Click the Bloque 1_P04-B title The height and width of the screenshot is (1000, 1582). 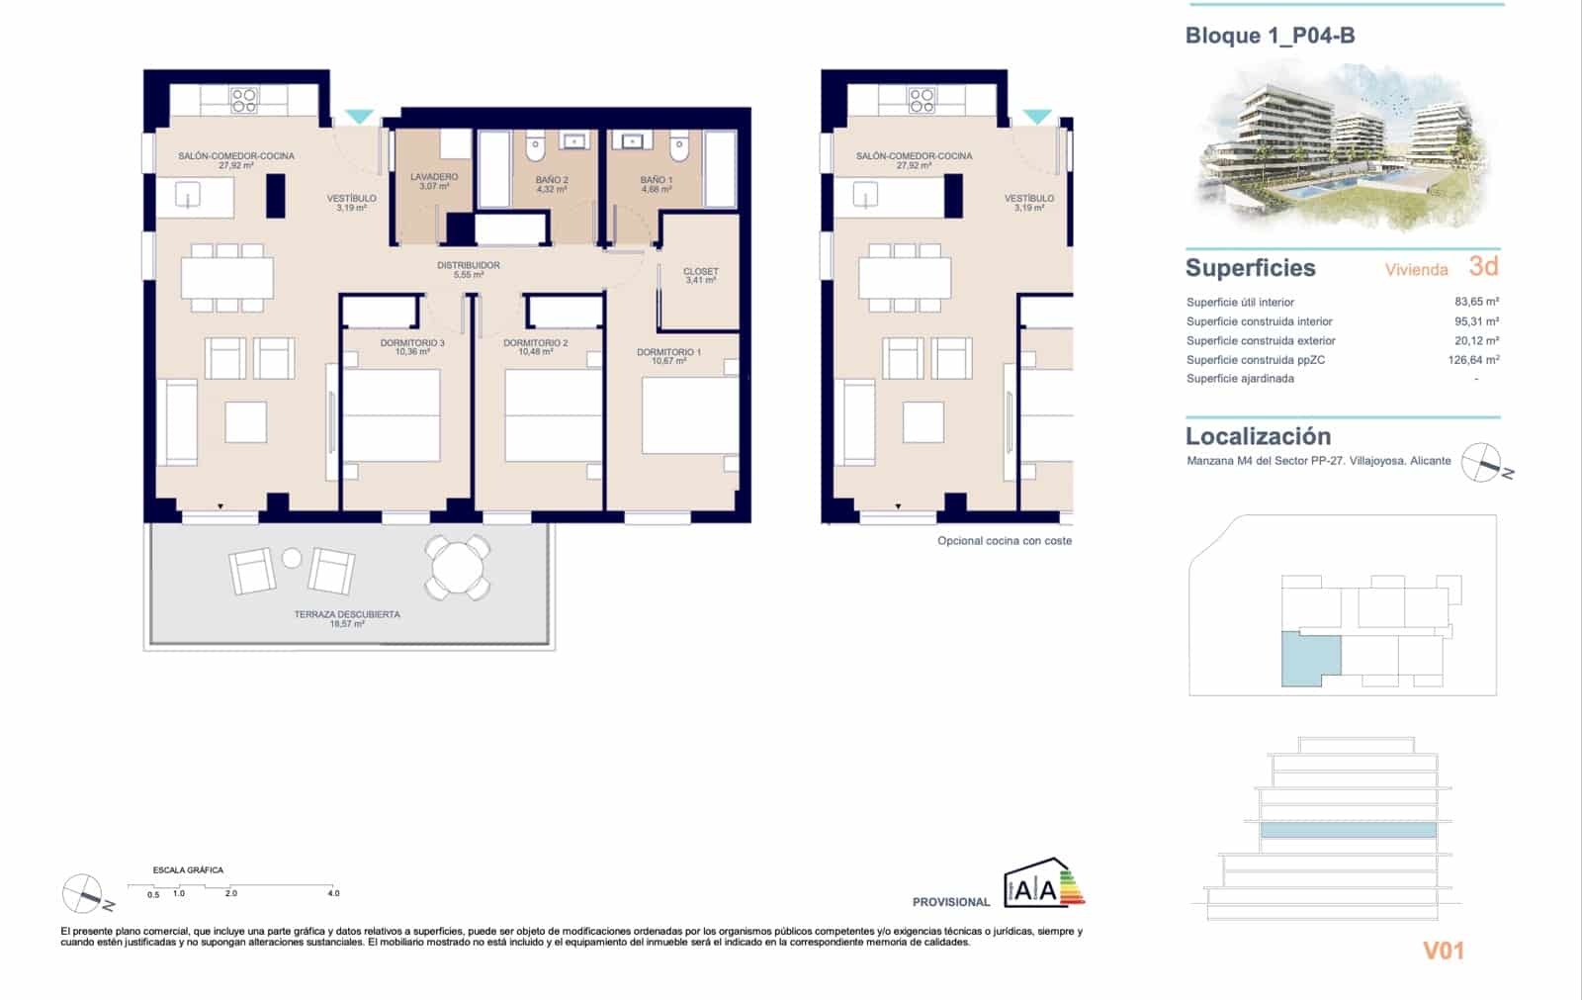tap(1270, 37)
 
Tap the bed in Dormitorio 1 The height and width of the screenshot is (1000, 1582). tap(689, 415)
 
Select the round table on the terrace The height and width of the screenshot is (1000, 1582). tap(458, 567)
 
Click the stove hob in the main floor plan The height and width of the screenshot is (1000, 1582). tap(244, 100)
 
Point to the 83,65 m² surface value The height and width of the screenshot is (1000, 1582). tap(1476, 302)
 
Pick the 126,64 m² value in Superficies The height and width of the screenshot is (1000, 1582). tap(1473, 360)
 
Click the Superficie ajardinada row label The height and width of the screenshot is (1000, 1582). tap(1240, 379)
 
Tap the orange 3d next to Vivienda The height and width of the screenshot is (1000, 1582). tap(1483, 266)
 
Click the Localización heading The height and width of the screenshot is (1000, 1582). tap(1258, 436)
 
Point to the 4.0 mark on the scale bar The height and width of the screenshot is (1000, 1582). tap(333, 893)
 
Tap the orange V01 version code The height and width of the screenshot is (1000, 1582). tap(1443, 951)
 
